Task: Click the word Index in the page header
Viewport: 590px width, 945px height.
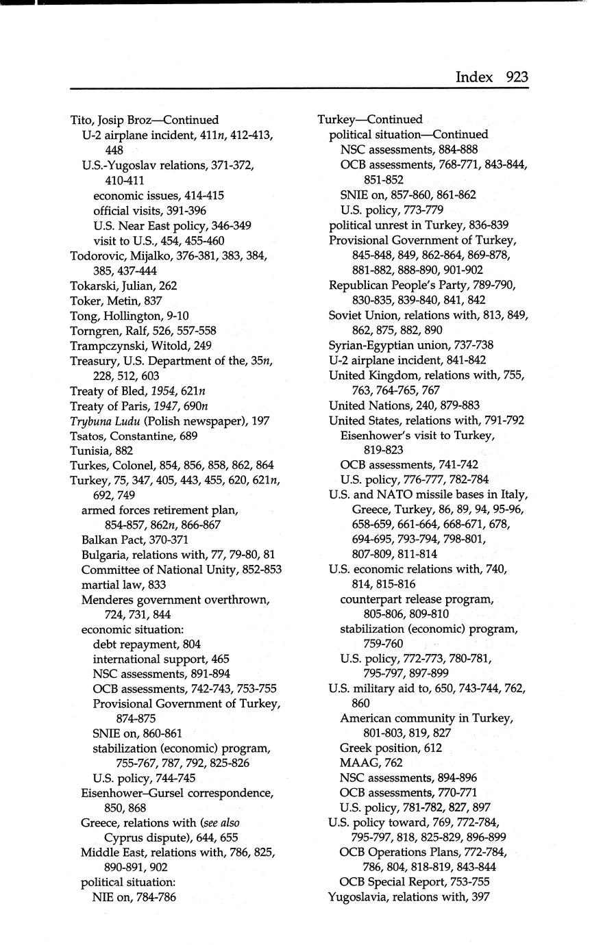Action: [x=474, y=77]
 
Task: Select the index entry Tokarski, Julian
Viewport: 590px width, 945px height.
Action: [x=123, y=286]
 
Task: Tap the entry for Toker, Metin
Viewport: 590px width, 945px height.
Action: [x=116, y=301]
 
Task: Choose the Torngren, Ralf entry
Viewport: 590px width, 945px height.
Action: [x=143, y=331]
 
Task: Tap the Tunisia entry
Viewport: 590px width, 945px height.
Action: [x=101, y=451]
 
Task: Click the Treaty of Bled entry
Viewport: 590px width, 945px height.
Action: [x=138, y=391]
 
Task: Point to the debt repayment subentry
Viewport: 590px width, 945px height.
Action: [x=147, y=644]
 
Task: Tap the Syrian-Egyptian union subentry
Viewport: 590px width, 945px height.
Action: [x=410, y=345]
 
